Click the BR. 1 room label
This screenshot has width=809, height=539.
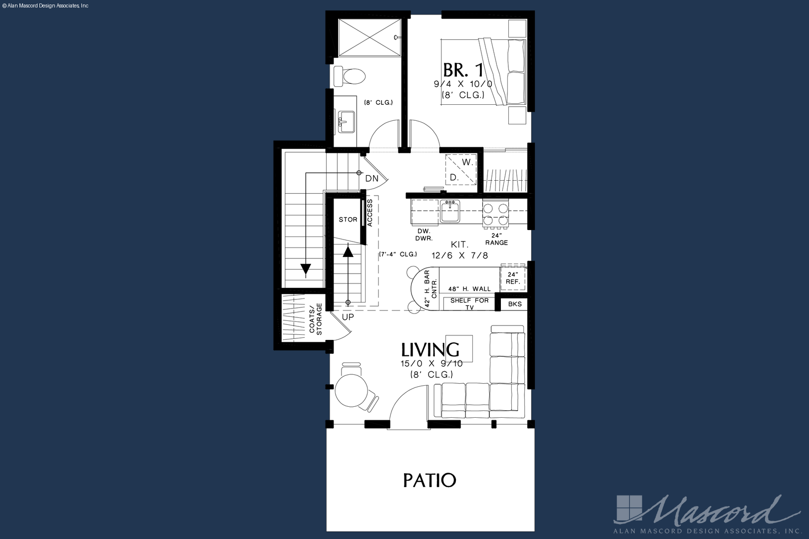pyautogui.click(x=463, y=70)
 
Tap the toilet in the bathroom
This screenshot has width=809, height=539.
pyautogui.click(x=350, y=76)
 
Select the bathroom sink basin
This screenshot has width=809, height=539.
pyautogui.click(x=347, y=122)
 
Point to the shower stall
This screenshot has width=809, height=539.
pyautogui.click(x=370, y=37)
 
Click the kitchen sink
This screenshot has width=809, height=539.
pyautogui.click(x=449, y=212)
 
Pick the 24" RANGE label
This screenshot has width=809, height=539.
pyautogui.click(x=496, y=239)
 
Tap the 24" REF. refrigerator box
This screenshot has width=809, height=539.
pyautogui.click(x=513, y=278)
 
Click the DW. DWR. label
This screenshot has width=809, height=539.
pyautogui.click(x=424, y=235)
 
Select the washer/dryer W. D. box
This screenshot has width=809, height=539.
pyautogui.click(x=461, y=170)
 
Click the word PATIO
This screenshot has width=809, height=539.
pyautogui.click(x=429, y=480)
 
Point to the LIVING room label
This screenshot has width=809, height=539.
pyautogui.click(x=430, y=349)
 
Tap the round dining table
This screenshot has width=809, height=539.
pyautogui.click(x=351, y=391)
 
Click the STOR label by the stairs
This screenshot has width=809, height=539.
pyautogui.click(x=348, y=220)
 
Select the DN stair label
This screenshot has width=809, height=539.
pyautogui.click(x=372, y=178)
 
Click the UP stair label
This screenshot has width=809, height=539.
pyautogui.click(x=348, y=317)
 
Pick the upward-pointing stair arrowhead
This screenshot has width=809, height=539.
pyautogui.click(x=348, y=251)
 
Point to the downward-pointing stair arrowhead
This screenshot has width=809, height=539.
pyautogui.click(x=306, y=269)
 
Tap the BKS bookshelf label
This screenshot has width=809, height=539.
pyautogui.click(x=515, y=304)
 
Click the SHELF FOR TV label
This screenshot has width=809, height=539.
pyautogui.click(x=469, y=303)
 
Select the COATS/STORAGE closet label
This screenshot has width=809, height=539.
pyautogui.click(x=316, y=319)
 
